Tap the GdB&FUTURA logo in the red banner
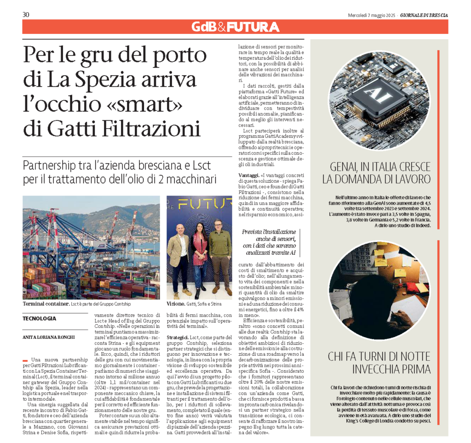235,27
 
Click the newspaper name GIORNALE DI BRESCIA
424,15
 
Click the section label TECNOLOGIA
40,318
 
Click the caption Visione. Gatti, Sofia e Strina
194,304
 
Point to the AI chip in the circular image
373,96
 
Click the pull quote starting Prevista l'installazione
269,242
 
